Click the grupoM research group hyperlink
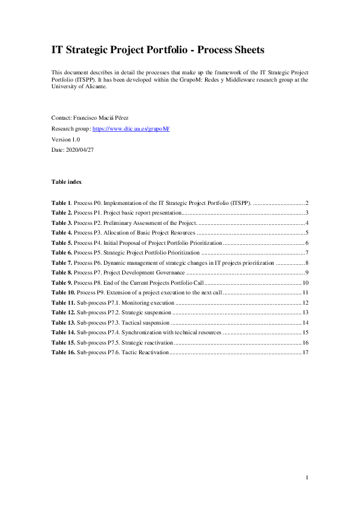[131, 129]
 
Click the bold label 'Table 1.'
[62, 203]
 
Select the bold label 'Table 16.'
[64, 352]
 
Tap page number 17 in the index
[306, 352]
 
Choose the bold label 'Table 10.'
[64, 293]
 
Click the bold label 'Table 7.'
[62, 262]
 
